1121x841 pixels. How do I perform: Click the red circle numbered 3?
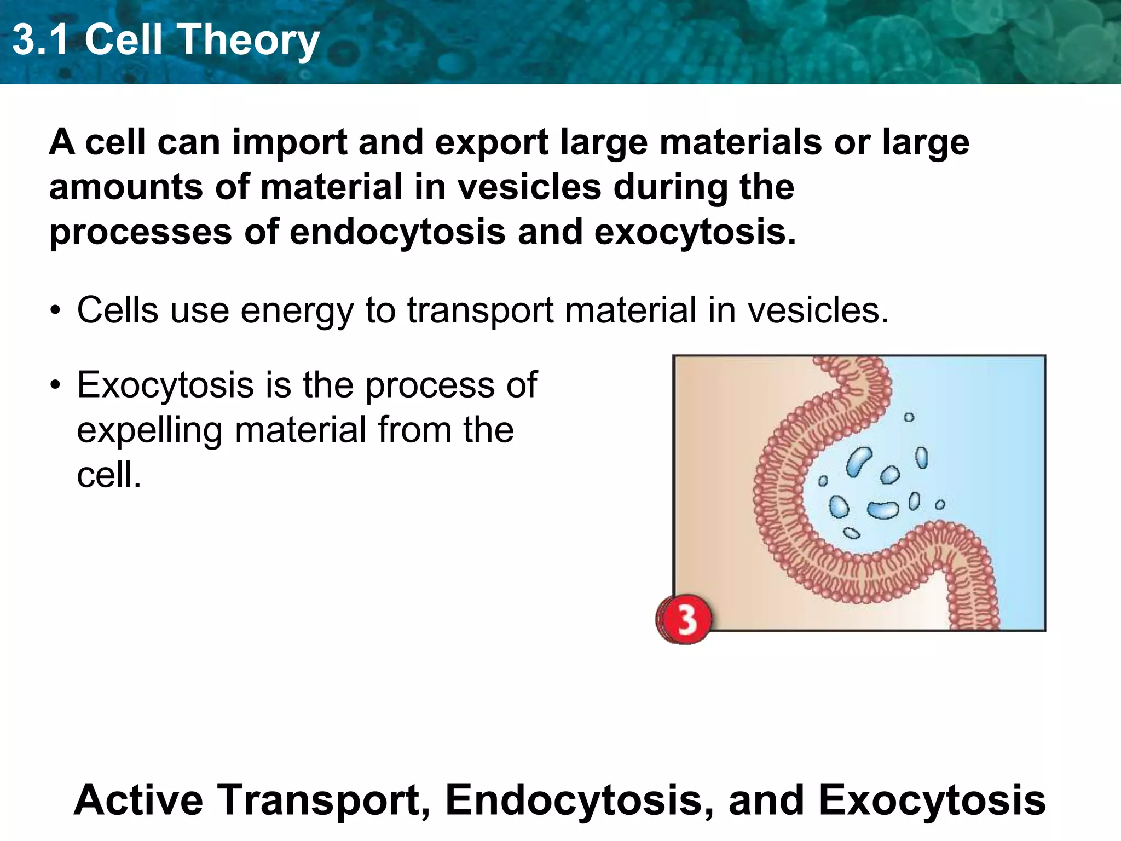685,619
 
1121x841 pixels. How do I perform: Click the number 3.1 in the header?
41,41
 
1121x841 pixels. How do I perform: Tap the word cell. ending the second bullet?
109,475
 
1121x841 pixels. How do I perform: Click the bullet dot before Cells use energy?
55,311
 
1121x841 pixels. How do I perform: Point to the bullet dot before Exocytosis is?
55,385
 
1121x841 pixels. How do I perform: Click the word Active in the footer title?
138,800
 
